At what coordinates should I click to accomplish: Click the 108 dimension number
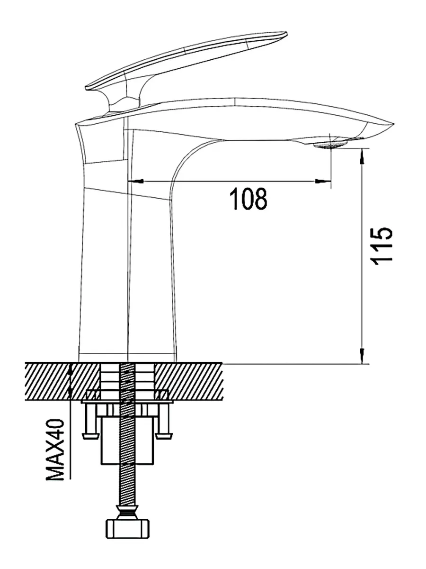(x=248, y=199)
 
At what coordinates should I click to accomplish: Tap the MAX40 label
(x=56, y=450)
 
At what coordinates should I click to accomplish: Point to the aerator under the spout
(x=331, y=144)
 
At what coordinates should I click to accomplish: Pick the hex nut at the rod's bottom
(x=127, y=527)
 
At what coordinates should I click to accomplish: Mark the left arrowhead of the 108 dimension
(x=134, y=181)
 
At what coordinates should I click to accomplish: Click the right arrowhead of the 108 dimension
(x=324, y=181)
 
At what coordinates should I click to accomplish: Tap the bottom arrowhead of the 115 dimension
(x=363, y=356)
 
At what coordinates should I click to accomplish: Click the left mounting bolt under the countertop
(x=89, y=421)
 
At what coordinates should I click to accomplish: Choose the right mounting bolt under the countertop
(x=164, y=421)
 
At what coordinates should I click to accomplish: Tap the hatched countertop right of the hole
(x=189, y=380)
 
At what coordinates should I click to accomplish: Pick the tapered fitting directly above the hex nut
(x=127, y=513)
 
